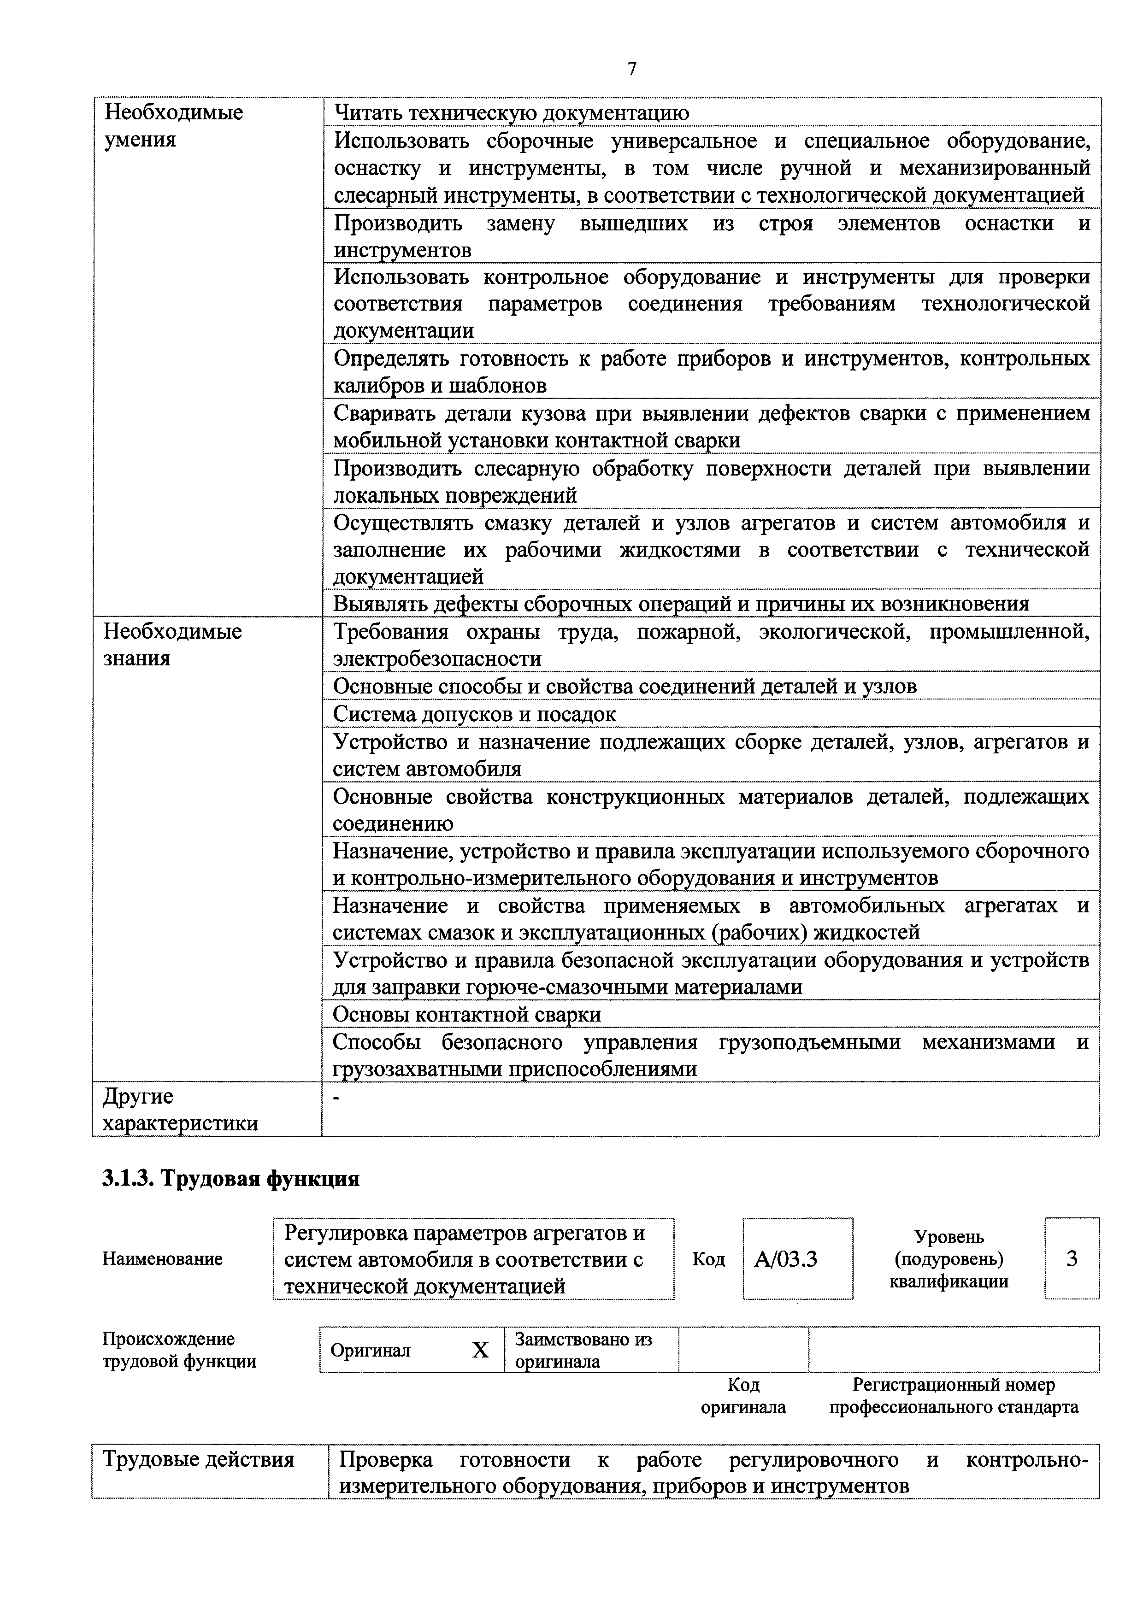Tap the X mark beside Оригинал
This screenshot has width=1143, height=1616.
[x=479, y=1350]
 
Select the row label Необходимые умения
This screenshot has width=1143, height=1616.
[x=173, y=126]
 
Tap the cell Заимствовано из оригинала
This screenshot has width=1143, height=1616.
[x=583, y=1350]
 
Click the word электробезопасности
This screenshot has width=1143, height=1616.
[x=436, y=659]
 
